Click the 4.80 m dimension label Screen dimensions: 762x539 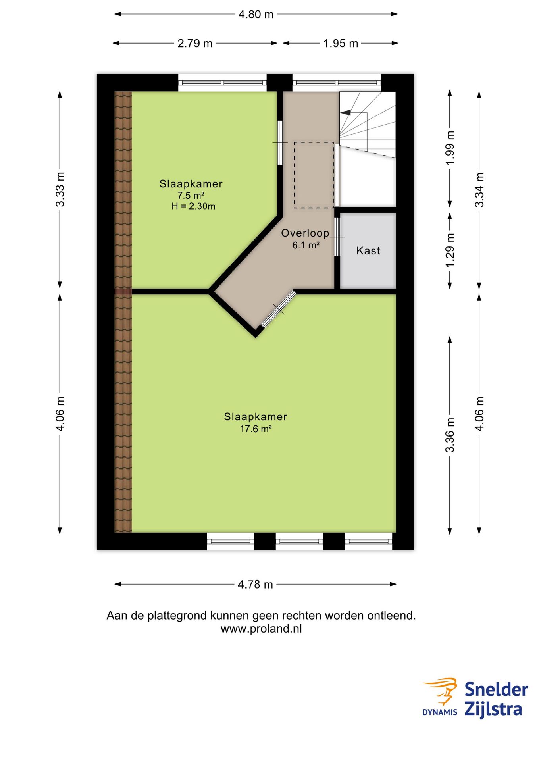[256, 15]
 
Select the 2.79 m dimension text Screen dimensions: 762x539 [194, 44]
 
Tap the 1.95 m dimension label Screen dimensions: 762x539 [341, 44]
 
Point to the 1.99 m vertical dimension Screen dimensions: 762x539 [450, 148]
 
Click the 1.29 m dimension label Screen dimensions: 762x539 [450, 250]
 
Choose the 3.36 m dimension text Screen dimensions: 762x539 [450, 435]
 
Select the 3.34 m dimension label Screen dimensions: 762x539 [479, 190]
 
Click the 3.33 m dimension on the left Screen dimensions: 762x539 [60, 189]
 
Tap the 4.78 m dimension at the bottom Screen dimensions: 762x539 [255, 585]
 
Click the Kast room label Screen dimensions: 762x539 [368, 251]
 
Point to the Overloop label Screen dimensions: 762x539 [305, 233]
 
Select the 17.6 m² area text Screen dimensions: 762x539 [256, 429]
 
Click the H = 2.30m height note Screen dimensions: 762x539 [193, 206]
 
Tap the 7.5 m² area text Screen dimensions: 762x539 [191, 196]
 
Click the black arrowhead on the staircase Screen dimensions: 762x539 [346, 113]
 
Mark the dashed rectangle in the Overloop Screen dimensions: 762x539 [314, 175]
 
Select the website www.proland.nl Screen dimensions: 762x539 [261, 629]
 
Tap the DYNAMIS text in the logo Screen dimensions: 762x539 [439, 712]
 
